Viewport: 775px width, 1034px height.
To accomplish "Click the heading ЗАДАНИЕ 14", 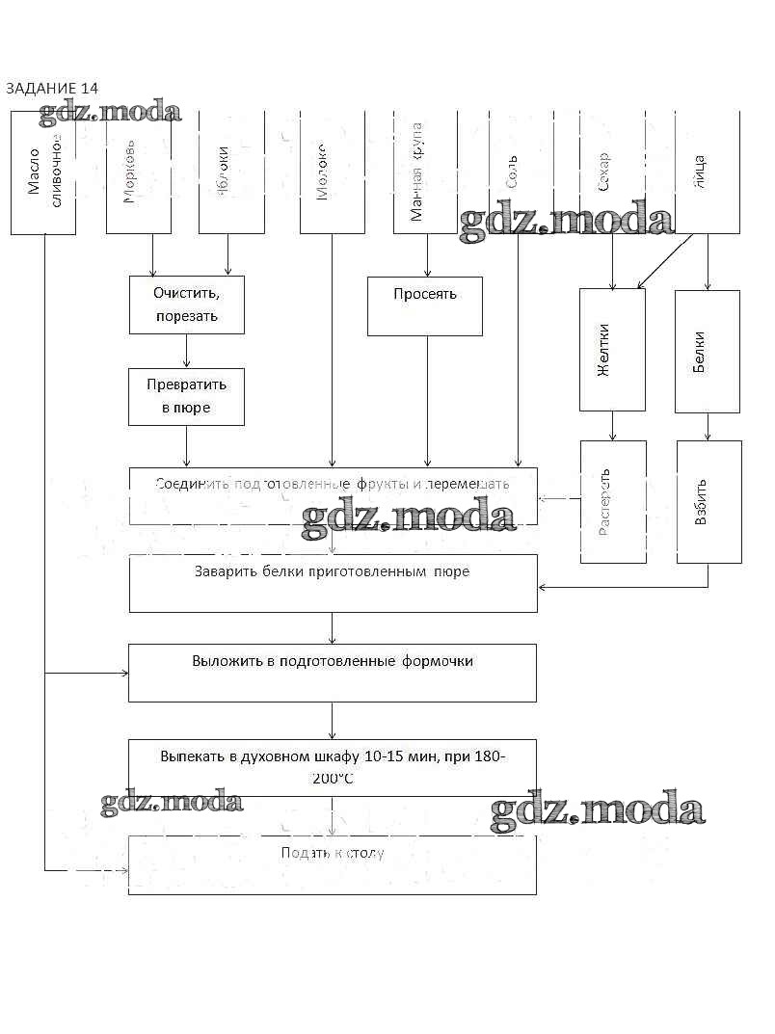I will [x=52, y=89].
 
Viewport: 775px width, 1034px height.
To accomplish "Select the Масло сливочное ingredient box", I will [x=43, y=172].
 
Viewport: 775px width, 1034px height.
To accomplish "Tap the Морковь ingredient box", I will [x=138, y=172].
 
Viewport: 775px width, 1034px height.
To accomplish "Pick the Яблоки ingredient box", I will [x=231, y=172].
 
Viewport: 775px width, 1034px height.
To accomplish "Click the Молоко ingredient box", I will [x=333, y=172].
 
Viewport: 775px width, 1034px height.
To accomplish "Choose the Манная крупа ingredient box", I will [x=425, y=172].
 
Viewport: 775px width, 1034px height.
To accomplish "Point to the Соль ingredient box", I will [x=521, y=172].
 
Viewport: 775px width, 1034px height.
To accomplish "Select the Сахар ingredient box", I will [x=612, y=172].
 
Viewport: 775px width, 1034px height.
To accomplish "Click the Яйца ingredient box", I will [x=707, y=172].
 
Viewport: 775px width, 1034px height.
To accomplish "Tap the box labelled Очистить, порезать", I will [x=187, y=304].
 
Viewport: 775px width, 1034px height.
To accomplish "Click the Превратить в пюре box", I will [x=186, y=396].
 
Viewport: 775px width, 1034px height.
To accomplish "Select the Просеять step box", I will [x=424, y=306].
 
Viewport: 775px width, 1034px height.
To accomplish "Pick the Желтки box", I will [x=612, y=351].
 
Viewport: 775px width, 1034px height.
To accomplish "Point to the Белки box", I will [x=708, y=351].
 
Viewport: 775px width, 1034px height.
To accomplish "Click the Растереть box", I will [x=613, y=502].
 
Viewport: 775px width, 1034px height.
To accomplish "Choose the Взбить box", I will [x=708, y=502].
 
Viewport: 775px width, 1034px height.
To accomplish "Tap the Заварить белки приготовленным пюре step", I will [x=333, y=583].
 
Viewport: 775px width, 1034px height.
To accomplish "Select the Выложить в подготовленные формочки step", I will [x=333, y=673].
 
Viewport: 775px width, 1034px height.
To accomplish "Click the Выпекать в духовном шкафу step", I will [x=333, y=767].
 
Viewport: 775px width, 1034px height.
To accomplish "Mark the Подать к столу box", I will [x=333, y=864].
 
